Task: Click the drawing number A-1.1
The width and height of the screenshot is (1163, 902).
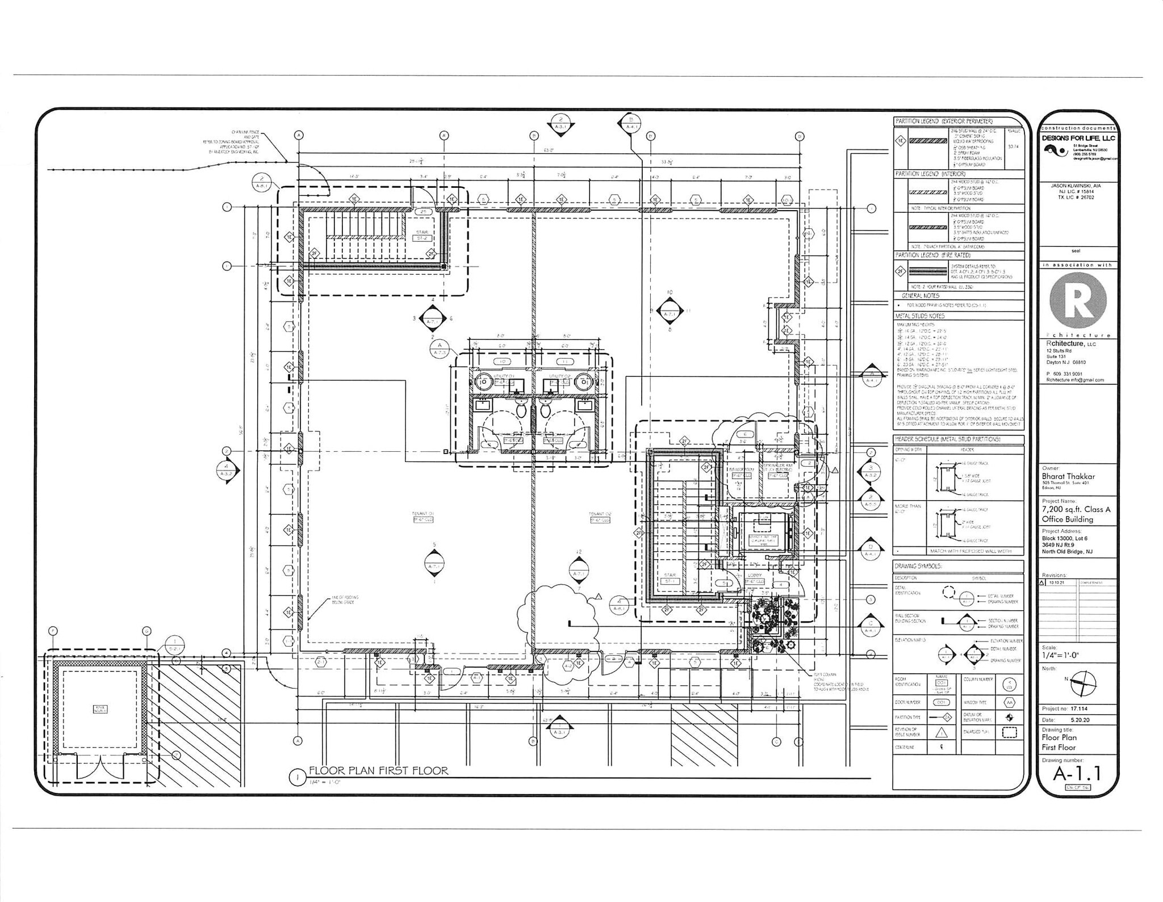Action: tap(1077, 774)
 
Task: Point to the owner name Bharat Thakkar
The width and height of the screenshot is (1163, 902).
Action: tap(1068, 476)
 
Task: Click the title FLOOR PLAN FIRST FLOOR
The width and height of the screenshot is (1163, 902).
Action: tap(378, 770)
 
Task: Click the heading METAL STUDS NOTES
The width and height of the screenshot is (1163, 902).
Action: tap(920, 316)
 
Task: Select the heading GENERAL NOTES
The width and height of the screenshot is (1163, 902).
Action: tap(920, 296)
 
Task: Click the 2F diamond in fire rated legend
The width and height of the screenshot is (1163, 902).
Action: tap(900, 272)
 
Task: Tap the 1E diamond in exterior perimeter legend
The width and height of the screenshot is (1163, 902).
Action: tap(900, 141)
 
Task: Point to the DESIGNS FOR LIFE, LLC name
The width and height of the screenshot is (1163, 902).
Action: tap(1078, 138)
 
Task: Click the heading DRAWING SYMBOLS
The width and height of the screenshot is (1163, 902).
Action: tap(918, 566)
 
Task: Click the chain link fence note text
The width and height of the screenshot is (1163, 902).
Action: tap(239, 142)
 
